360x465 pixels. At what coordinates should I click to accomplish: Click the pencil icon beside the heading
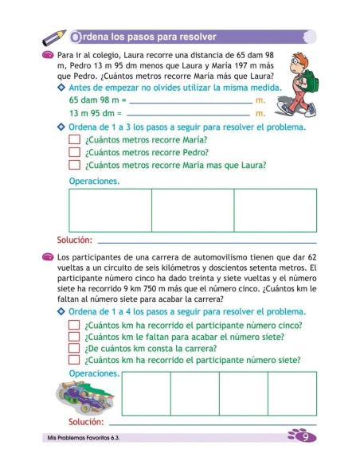tap(54, 37)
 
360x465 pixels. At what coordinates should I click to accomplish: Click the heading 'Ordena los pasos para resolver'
tap(143, 37)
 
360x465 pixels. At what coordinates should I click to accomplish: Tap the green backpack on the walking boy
tap(307, 79)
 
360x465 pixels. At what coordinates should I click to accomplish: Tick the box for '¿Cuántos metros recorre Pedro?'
tap(74, 153)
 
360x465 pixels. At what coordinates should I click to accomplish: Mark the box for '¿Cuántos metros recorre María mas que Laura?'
tap(74, 166)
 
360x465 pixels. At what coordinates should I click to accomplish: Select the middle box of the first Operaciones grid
tap(193, 209)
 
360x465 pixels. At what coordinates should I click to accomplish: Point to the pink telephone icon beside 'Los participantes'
tap(48, 257)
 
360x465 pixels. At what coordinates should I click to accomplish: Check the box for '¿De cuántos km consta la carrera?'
tap(74, 348)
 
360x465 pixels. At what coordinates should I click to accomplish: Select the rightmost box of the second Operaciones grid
tap(292, 393)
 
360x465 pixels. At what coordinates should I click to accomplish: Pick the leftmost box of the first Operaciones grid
tap(110, 209)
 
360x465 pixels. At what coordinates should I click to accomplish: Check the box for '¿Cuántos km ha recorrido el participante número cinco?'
tap(74, 325)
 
